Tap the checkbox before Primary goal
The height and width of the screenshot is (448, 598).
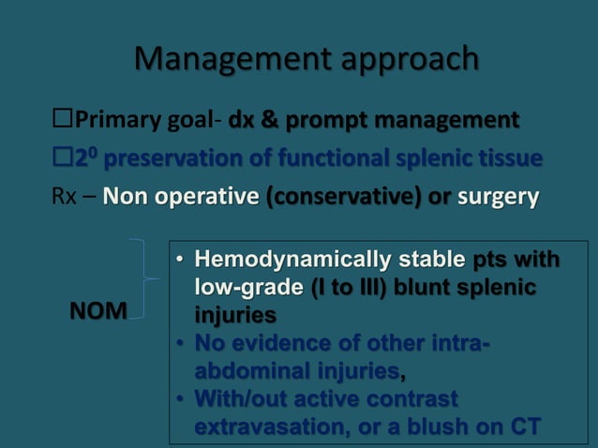tap(63, 121)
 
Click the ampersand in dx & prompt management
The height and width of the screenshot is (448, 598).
tap(269, 121)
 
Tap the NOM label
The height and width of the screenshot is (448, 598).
tap(100, 311)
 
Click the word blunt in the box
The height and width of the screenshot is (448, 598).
tap(434, 287)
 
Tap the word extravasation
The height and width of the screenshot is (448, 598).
tap(263, 426)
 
